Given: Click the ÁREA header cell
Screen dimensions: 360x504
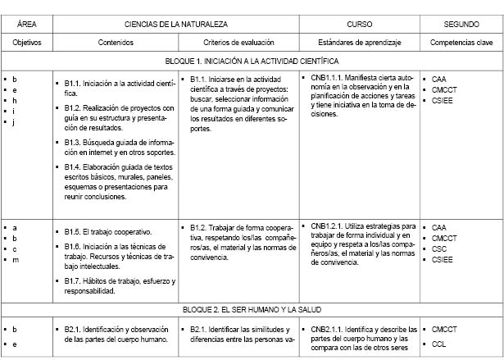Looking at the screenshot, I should [x=25, y=25].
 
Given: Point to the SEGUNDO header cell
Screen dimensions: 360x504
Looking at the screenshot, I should [x=461, y=25].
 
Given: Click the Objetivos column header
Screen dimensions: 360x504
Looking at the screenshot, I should [x=25, y=41].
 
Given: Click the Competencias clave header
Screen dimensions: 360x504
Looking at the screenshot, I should [x=461, y=41].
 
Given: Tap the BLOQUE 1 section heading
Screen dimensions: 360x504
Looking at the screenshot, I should [x=252, y=61].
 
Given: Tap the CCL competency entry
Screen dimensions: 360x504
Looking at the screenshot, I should [x=438, y=344].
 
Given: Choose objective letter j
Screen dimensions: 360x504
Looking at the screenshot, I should [x=15, y=122].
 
